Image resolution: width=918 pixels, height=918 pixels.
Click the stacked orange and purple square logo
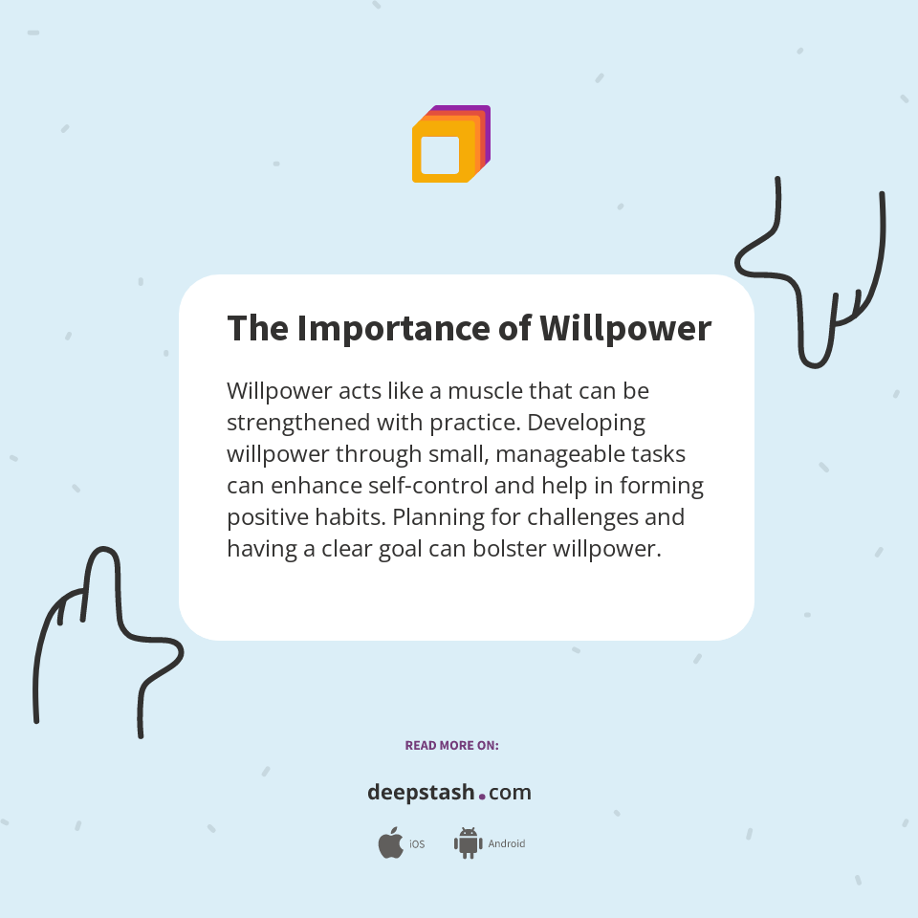(x=450, y=144)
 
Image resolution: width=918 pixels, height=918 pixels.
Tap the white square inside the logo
(x=440, y=155)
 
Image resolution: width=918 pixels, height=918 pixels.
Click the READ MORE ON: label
(x=451, y=745)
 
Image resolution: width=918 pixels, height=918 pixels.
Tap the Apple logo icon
(x=390, y=843)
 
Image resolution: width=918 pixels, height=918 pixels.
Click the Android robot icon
(x=468, y=843)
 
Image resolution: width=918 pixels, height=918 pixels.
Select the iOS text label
(x=417, y=844)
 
